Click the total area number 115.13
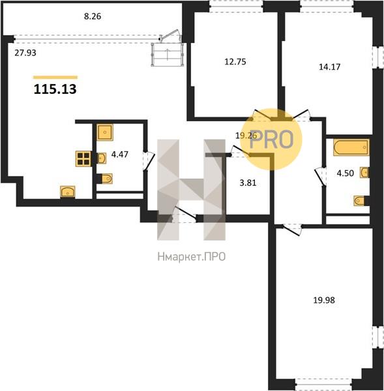55,89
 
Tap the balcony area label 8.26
93,16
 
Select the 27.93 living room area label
25,53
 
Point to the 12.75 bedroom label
235,62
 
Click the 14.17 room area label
330,67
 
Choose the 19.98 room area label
324,300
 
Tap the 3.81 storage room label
248,182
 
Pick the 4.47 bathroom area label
120,154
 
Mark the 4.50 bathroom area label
346,173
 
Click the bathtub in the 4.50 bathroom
351,148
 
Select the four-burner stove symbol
83,159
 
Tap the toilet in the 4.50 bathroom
359,201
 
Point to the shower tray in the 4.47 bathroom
105,132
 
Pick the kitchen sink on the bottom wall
68,192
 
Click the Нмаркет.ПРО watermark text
192,257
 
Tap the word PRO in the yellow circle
271,139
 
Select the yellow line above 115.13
55,78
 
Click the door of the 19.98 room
292,229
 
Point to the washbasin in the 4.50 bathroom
364,173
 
